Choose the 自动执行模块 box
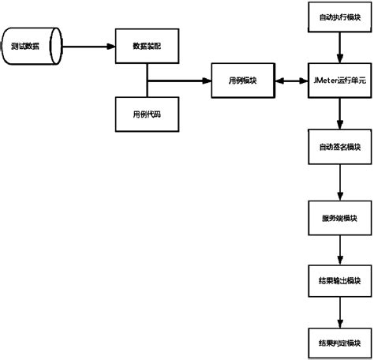[338, 15]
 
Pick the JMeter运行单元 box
[338, 81]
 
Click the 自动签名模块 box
[338, 147]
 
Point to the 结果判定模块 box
[338, 343]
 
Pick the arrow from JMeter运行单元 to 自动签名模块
[338, 114]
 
